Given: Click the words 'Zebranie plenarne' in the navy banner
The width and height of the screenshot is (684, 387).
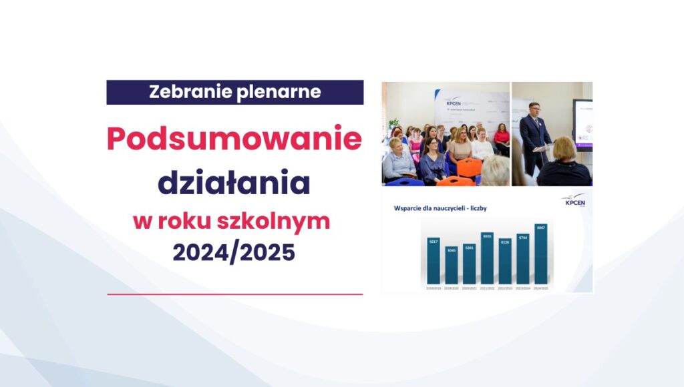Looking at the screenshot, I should pos(234,92).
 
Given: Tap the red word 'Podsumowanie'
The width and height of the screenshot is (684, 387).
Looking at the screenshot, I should pos(234,139).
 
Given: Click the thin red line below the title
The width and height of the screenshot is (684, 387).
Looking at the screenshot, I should pos(234,294).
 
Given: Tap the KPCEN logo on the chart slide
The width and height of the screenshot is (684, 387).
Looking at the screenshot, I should pos(574,202).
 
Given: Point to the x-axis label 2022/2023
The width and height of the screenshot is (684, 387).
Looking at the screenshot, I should pos(505,288).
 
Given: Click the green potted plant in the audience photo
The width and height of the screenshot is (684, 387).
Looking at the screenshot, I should pos(393,123).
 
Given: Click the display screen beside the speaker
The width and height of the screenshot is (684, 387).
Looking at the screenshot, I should pos(582,123).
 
